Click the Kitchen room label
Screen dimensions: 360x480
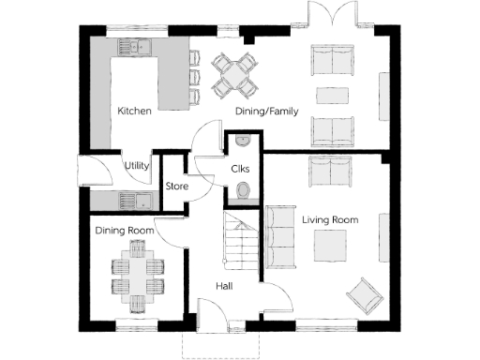pyautogui.click(x=135, y=111)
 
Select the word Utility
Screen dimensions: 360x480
pyautogui.click(x=138, y=166)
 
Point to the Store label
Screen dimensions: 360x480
pyautogui.click(x=176, y=187)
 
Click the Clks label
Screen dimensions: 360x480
pyautogui.click(x=240, y=169)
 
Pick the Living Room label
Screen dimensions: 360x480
pyautogui.click(x=330, y=219)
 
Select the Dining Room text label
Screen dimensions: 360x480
pyautogui.click(x=124, y=230)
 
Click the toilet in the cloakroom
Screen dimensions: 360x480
pyautogui.click(x=243, y=192)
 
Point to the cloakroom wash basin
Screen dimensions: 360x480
pyautogui.click(x=242, y=142)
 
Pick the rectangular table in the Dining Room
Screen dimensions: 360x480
pyautogui.click(x=138, y=278)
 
